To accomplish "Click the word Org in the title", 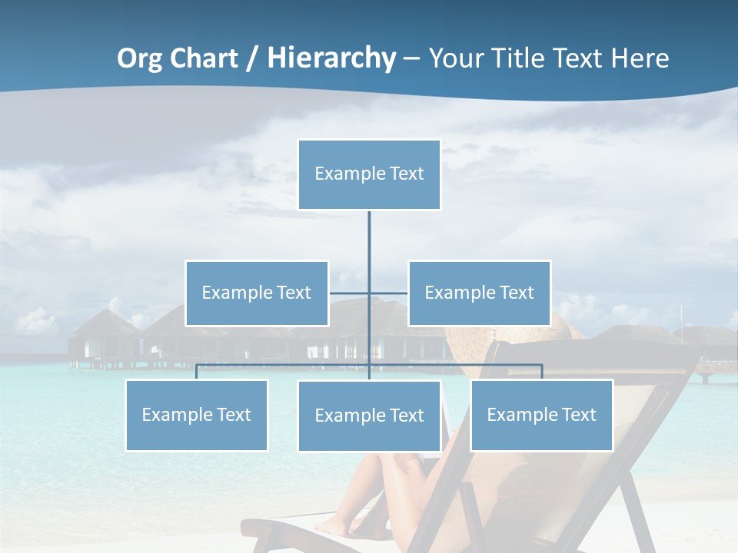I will pyautogui.click(x=141, y=58).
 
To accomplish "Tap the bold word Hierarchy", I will pyautogui.click(x=331, y=58).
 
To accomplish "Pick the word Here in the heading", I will pyautogui.click(x=640, y=58).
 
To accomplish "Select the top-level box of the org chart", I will pyautogui.click(x=369, y=174).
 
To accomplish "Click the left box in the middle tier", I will pyautogui.click(x=257, y=293).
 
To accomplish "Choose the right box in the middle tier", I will pyautogui.click(x=479, y=293).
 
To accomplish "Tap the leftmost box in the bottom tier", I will pyautogui.click(x=197, y=415).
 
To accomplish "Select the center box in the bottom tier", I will pyautogui.click(x=369, y=416).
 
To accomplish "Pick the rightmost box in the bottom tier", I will pyautogui.click(x=541, y=415).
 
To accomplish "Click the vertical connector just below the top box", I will pyautogui.click(x=369, y=238).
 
